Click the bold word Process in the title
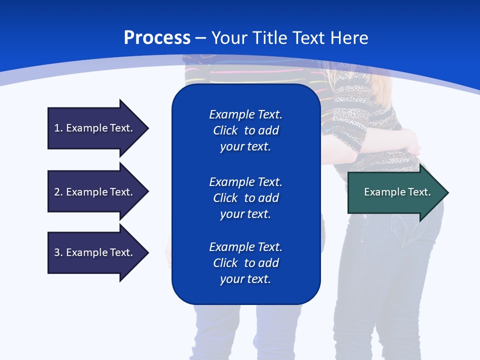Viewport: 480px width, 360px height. click(157, 38)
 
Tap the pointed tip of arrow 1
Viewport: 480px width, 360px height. click(147, 128)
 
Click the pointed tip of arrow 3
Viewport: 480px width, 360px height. click(147, 252)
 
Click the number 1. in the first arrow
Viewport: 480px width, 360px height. click(58, 128)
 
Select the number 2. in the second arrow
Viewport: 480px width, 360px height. click(58, 192)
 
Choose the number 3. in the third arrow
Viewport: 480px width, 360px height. click(58, 252)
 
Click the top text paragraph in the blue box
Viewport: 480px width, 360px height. click(245, 130)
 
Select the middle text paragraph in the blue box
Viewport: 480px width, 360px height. click(245, 198)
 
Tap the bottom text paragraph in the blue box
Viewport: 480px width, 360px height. click(245, 263)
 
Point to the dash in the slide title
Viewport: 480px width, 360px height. click(200, 38)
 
